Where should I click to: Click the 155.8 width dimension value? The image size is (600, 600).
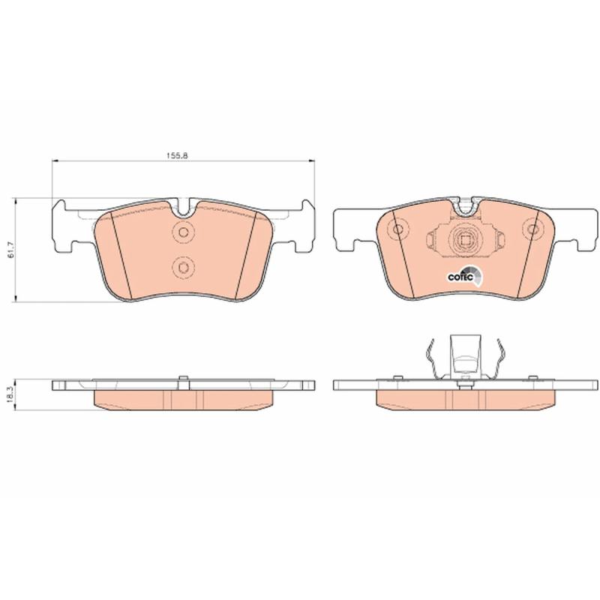coord(178,156)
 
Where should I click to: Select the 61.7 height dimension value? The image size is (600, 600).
coord(11,250)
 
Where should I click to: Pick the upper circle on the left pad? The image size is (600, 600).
coord(183,232)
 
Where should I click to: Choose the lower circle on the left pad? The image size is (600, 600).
coord(183,267)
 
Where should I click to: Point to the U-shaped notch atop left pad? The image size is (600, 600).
coord(183,208)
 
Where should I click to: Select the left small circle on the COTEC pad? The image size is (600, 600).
coord(398,229)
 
